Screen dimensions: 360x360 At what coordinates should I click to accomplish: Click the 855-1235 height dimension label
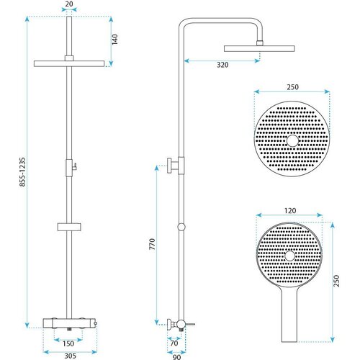22,172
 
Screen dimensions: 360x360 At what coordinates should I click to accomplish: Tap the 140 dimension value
115,39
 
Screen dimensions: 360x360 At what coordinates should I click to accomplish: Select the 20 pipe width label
69,4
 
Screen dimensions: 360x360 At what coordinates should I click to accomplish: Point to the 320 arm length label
222,65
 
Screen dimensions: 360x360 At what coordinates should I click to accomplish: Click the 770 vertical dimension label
152,244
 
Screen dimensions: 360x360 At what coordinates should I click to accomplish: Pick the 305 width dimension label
71,356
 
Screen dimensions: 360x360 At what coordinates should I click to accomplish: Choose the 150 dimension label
68,343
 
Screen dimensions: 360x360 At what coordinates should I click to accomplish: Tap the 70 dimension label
174,343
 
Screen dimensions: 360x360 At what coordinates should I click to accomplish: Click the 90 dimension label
176,357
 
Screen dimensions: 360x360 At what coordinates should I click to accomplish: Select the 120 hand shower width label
290,211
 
